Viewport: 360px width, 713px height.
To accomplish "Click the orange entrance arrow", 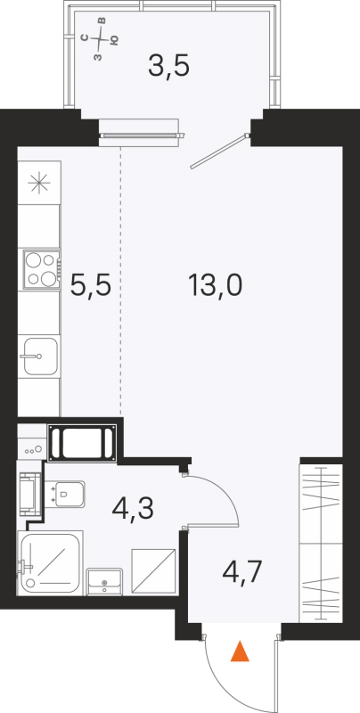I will [x=239, y=653].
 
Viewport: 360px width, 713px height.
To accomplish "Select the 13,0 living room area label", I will [x=215, y=285].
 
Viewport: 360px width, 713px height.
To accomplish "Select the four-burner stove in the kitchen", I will [x=39, y=269].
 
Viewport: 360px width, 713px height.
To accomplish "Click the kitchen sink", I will [x=39, y=357].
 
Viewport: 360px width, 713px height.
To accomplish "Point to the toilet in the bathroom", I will [x=68, y=493].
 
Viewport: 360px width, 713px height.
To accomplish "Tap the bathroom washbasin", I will [x=105, y=582].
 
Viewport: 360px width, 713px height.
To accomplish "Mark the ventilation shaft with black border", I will [x=82, y=443].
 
